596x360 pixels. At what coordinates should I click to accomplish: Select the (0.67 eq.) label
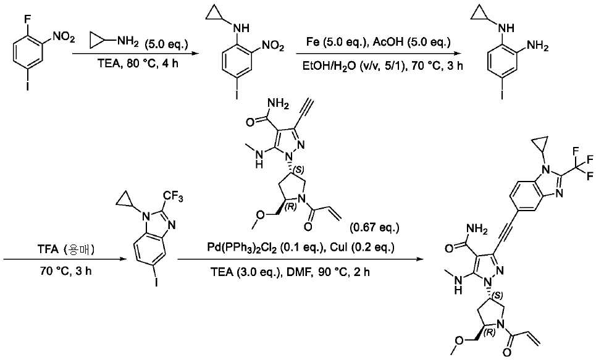374,228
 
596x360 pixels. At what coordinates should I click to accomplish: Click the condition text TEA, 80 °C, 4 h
138,63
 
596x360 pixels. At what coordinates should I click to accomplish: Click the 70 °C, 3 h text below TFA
65,272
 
